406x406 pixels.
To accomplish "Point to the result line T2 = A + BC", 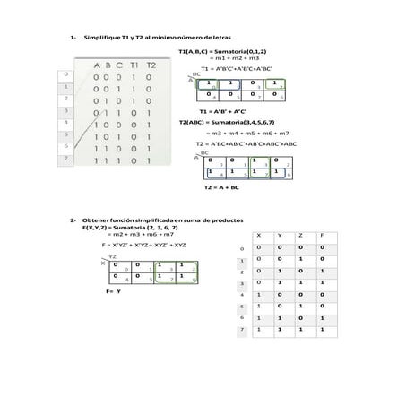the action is click(x=221, y=188).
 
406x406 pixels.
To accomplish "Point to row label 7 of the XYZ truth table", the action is click(x=242, y=331).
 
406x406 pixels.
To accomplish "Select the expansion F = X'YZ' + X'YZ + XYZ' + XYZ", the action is click(x=144, y=244).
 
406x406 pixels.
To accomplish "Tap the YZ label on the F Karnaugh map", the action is click(x=112, y=256).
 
